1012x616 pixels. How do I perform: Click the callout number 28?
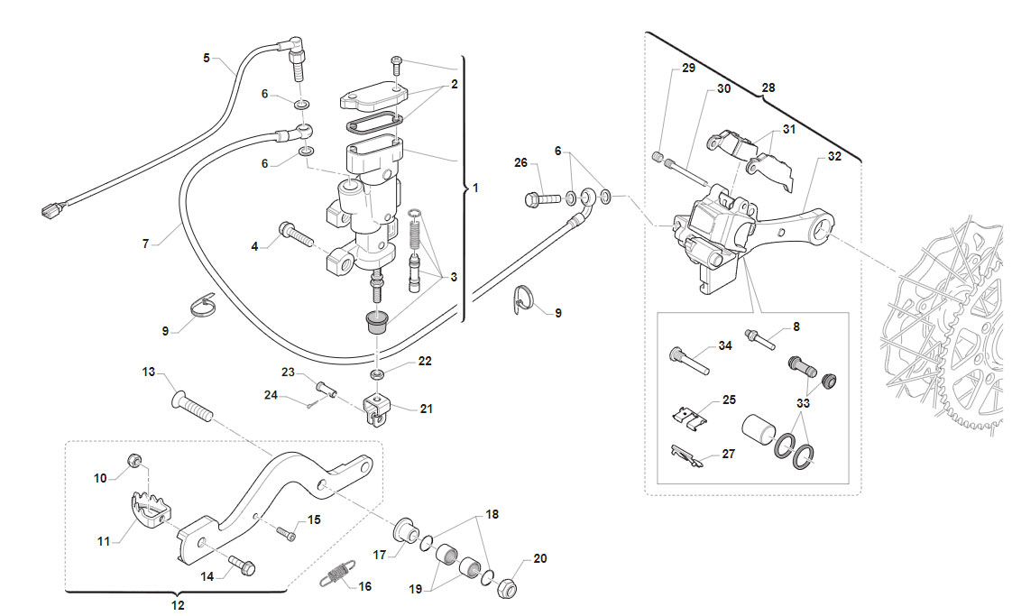768,87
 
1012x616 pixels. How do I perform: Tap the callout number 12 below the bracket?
178,605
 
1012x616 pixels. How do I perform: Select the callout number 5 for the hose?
207,58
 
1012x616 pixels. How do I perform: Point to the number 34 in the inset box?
725,345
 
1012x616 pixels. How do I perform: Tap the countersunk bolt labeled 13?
192,406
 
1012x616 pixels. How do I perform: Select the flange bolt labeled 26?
542,198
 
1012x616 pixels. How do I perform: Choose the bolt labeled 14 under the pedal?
242,565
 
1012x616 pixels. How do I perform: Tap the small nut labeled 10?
134,460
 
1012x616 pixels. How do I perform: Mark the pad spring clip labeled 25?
689,417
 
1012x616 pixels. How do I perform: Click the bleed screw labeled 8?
759,338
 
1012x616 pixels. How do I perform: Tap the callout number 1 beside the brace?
475,188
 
